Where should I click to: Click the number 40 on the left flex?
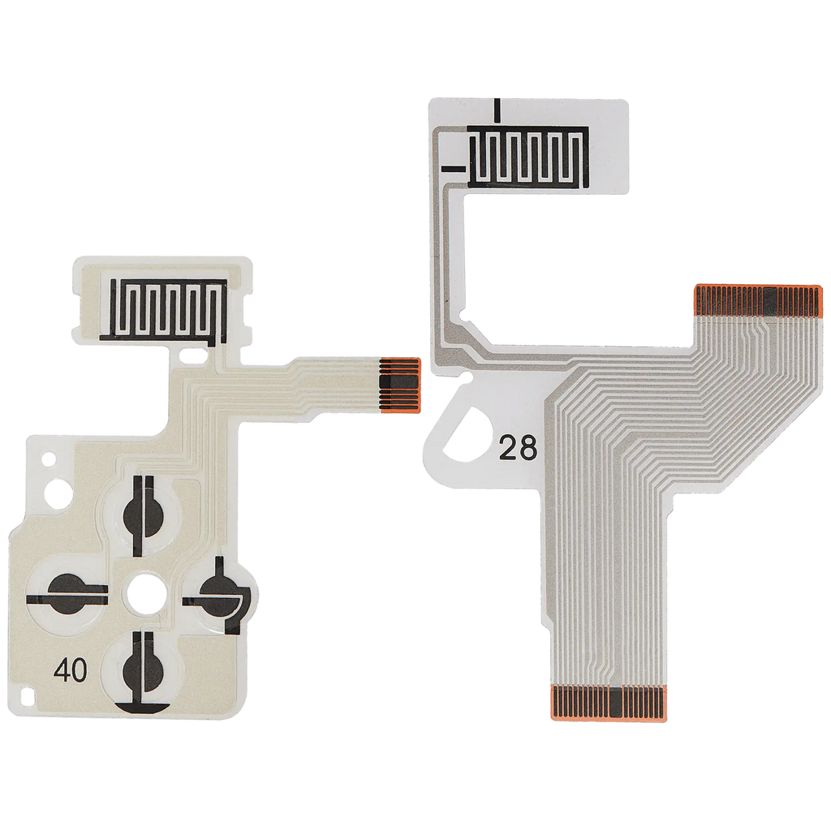71,670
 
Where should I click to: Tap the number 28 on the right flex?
518,449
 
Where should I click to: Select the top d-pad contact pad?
141,514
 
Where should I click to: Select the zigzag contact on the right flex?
528,157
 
